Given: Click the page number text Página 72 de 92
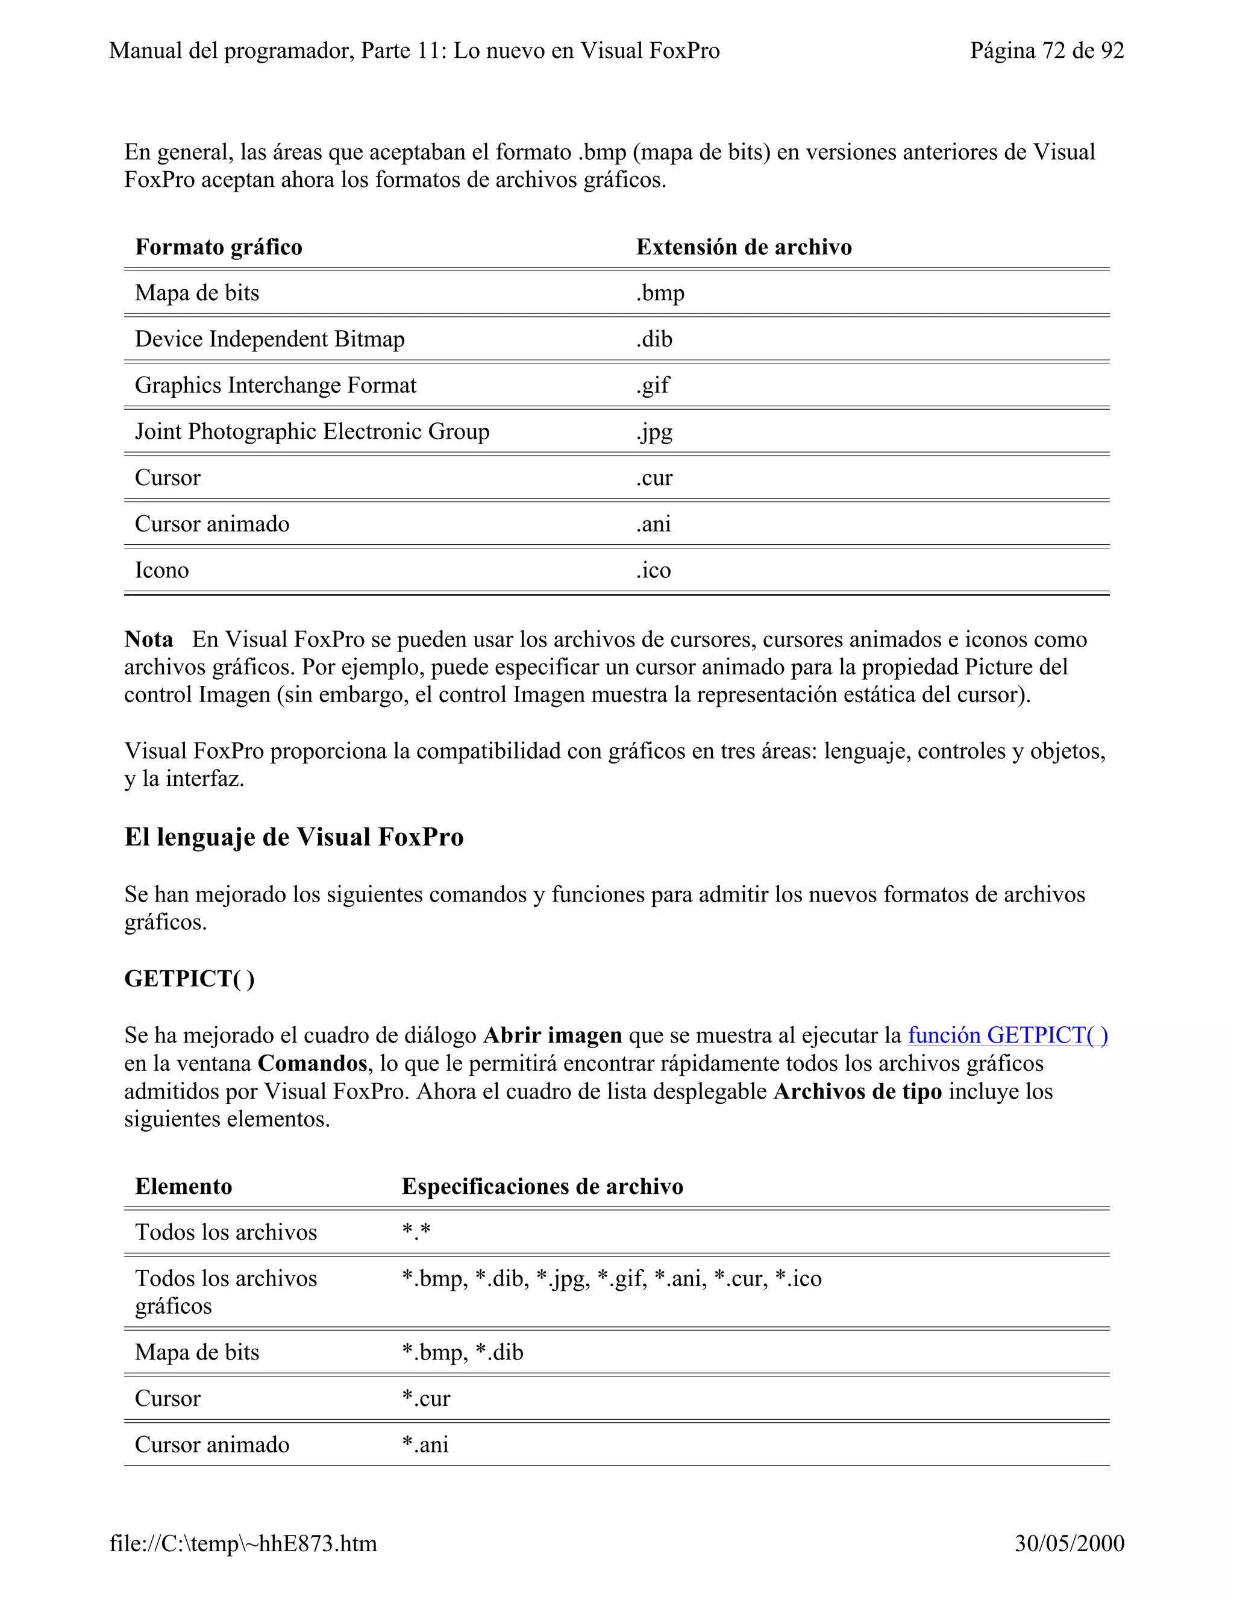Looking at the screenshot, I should tap(1046, 51).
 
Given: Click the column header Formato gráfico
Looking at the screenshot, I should tap(219, 247).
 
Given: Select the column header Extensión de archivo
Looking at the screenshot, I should tap(744, 247).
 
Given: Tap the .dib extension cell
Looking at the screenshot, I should tap(654, 339).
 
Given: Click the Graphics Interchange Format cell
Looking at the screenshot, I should tap(275, 385).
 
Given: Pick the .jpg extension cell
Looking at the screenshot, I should tap(654, 432).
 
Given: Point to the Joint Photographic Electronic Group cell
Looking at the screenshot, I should tap(312, 431).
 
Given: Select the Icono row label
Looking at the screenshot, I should tap(161, 570).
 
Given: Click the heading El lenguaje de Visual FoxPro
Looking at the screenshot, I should tap(294, 837).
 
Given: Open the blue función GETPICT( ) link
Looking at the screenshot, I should tap(1007, 1035).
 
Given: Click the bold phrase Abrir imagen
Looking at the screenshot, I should tap(553, 1035).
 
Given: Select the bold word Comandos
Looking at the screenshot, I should tap(312, 1063).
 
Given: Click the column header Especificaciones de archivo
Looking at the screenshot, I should tap(542, 1186).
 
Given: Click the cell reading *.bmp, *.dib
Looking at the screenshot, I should tap(462, 1352).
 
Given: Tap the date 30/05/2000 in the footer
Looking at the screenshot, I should tap(1069, 1543).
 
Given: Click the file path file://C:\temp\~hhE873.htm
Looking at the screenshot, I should tap(243, 1543).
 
